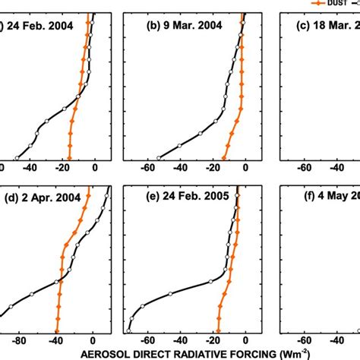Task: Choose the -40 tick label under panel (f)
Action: point(335,341)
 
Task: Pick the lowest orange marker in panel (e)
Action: point(217,330)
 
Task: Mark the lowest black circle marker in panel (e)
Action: point(129,330)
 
